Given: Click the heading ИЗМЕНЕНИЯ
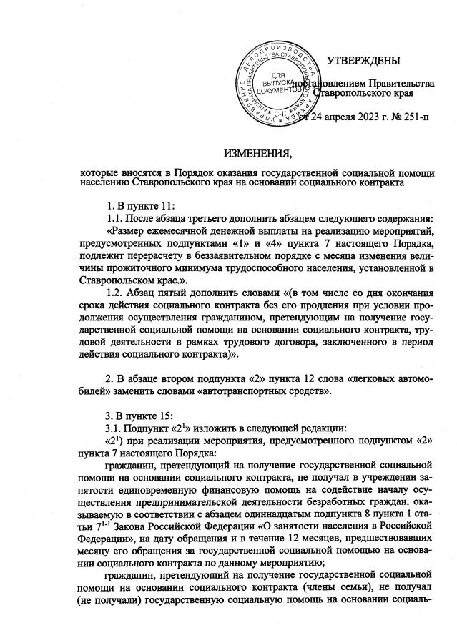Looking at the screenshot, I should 257,153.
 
